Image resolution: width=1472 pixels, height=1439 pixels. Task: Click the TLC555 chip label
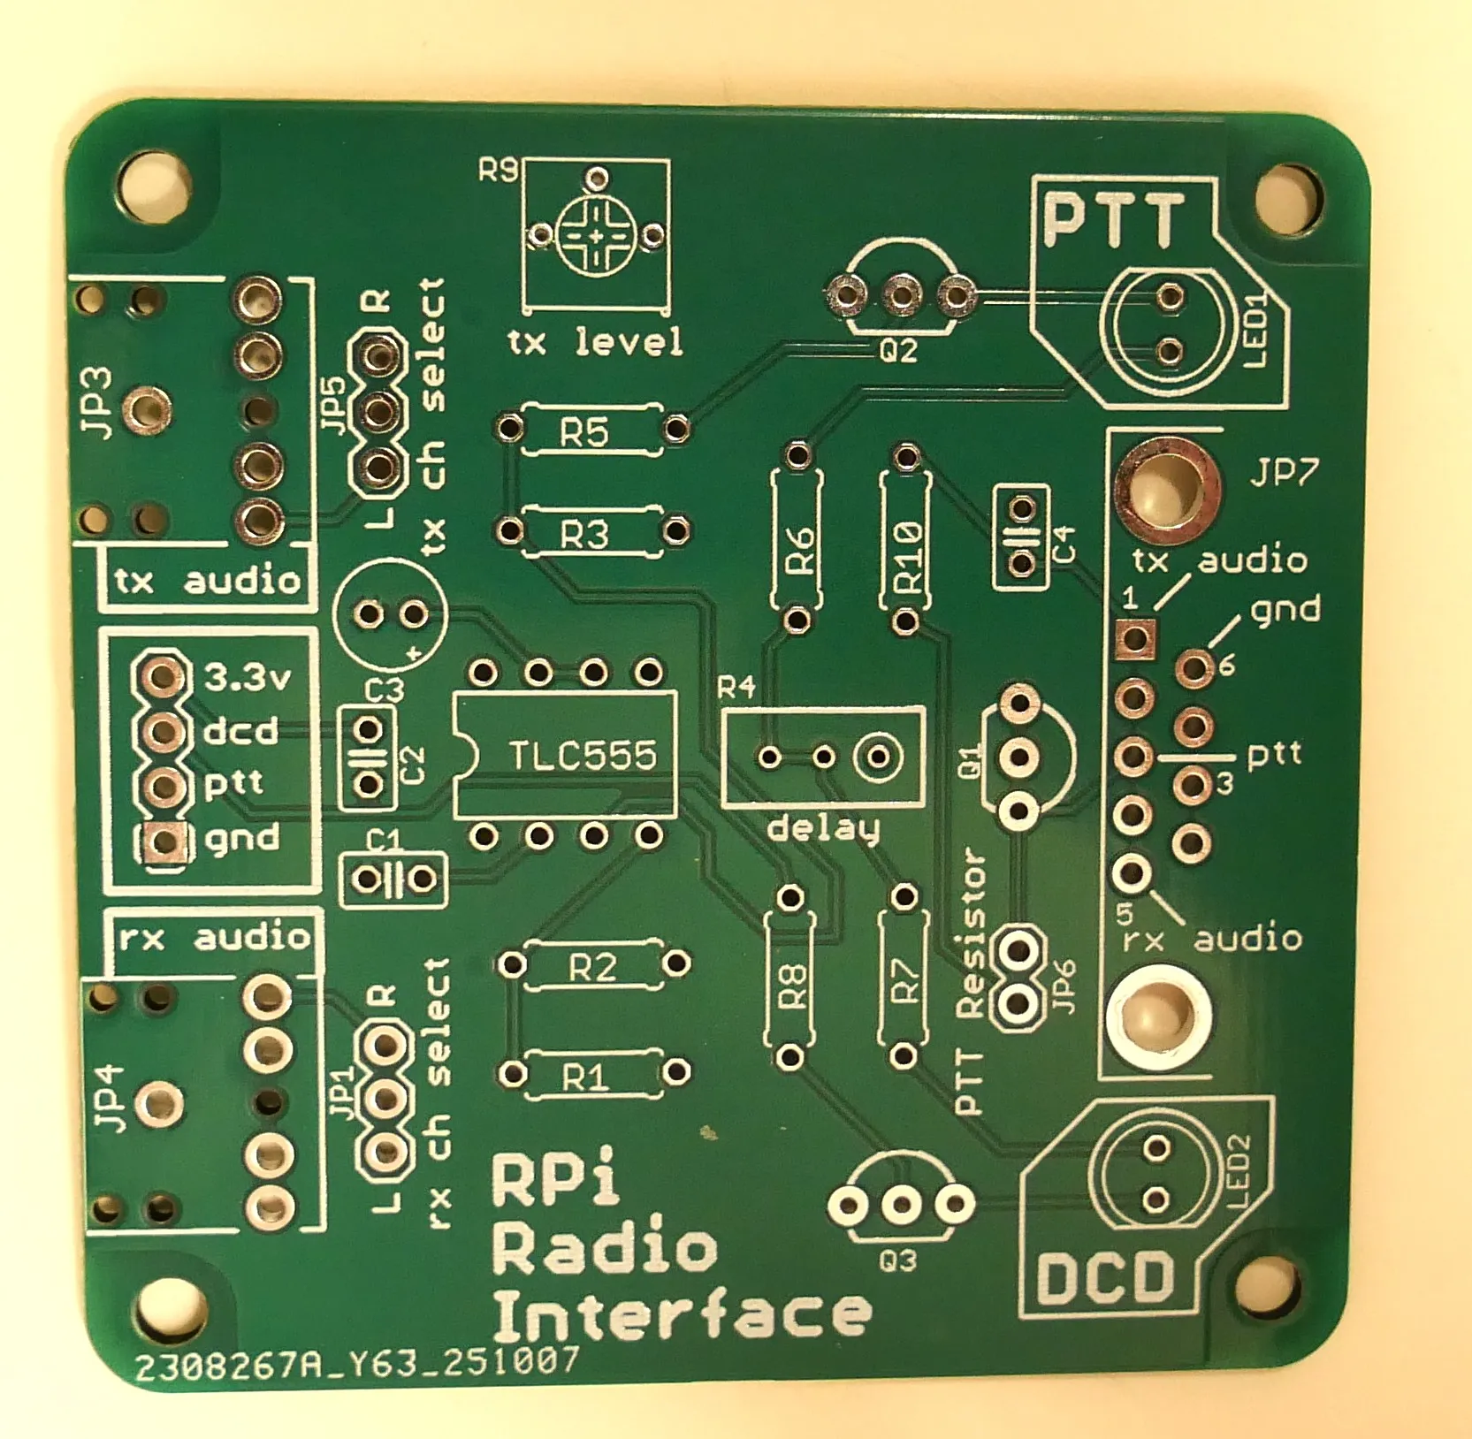coord(583,756)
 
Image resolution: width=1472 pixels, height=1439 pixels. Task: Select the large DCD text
coord(1106,1279)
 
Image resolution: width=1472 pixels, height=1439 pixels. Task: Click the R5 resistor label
coord(584,432)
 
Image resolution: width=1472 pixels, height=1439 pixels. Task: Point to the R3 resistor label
coord(584,534)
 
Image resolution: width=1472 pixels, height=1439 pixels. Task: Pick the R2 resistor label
coord(591,968)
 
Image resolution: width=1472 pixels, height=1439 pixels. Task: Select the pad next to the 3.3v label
coord(162,678)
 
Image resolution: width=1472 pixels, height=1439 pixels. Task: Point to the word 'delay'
coord(823,829)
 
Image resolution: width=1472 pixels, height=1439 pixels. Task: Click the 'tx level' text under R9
coord(595,341)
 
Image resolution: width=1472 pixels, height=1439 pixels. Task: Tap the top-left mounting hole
coord(156,188)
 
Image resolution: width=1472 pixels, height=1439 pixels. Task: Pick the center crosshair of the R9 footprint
coord(596,235)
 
